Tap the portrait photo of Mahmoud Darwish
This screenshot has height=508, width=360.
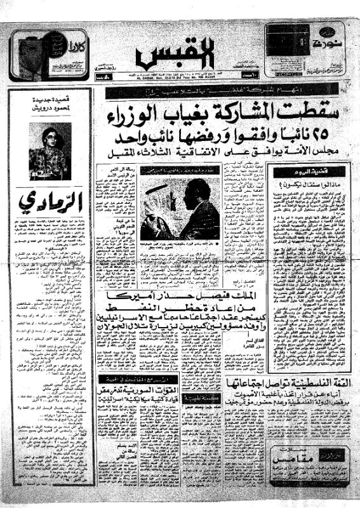(50, 151)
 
